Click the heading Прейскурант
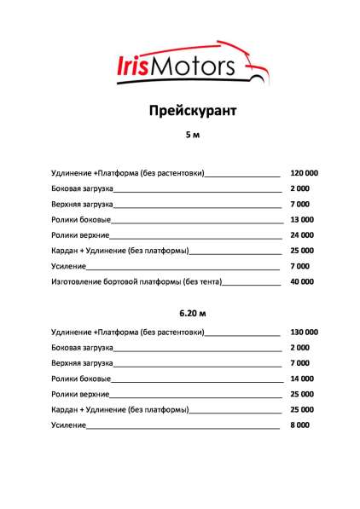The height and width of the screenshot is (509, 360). pyautogui.click(x=179, y=112)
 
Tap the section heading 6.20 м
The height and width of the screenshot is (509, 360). pyautogui.click(x=180, y=313)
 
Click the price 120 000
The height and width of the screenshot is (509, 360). pyautogui.click(x=304, y=173)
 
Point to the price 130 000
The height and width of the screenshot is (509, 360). pyautogui.click(x=304, y=332)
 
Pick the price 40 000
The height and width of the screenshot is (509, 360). pyautogui.click(x=301, y=281)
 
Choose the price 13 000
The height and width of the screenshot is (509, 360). pyautogui.click(x=301, y=219)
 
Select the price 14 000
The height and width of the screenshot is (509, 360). pyautogui.click(x=301, y=378)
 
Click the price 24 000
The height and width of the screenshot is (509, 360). pyautogui.click(x=301, y=234)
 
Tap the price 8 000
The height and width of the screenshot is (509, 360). pyautogui.click(x=299, y=425)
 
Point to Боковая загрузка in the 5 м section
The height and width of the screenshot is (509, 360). pyautogui.click(x=82, y=188)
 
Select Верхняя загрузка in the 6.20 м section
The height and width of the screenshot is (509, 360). pyautogui.click(x=82, y=362)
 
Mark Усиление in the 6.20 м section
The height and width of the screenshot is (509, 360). pyautogui.click(x=68, y=425)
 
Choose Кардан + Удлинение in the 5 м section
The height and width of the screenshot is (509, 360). pyautogui.click(x=119, y=251)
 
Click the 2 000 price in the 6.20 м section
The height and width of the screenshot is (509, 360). pyautogui.click(x=299, y=347)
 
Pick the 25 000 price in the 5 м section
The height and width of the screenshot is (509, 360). pyautogui.click(x=301, y=251)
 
